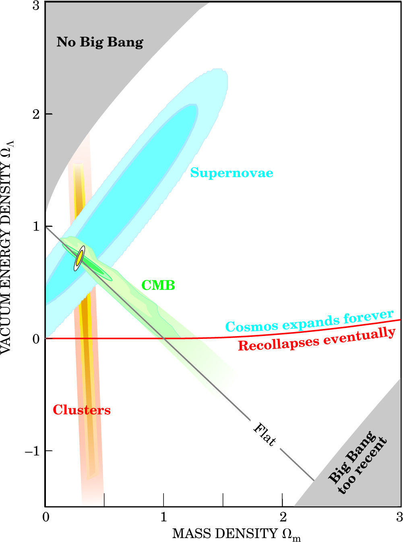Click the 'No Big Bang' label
click(x=100, y=42)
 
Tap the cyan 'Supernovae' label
click(x=231, y=173)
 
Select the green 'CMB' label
click(x=158, y=285)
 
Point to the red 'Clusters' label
click(x=82, y=410)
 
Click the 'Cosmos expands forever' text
click(x=309, y=321)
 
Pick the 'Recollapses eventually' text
click(x=317, y=340)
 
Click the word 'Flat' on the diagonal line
click(x=265, y=434)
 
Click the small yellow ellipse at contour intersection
click(x=79, y=258)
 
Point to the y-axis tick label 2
click(x=36, y=114)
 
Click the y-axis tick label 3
click(x=36, y=6)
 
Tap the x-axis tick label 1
click(x=163, y=517)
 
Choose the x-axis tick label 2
click(x=283, y=517)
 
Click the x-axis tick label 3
click(x=399, y=517)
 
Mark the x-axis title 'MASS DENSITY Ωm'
click(x=236, y=534)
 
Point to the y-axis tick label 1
click(x=36, y=226)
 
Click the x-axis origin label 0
click(x=46, y=517)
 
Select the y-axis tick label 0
click(x=36, y=339)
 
